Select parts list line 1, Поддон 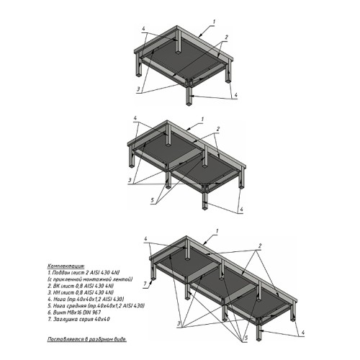[x=83, y=271]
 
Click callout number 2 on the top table [x=226, y=36]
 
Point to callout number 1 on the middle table [x=202, y=118]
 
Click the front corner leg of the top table [x=189, y=95]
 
